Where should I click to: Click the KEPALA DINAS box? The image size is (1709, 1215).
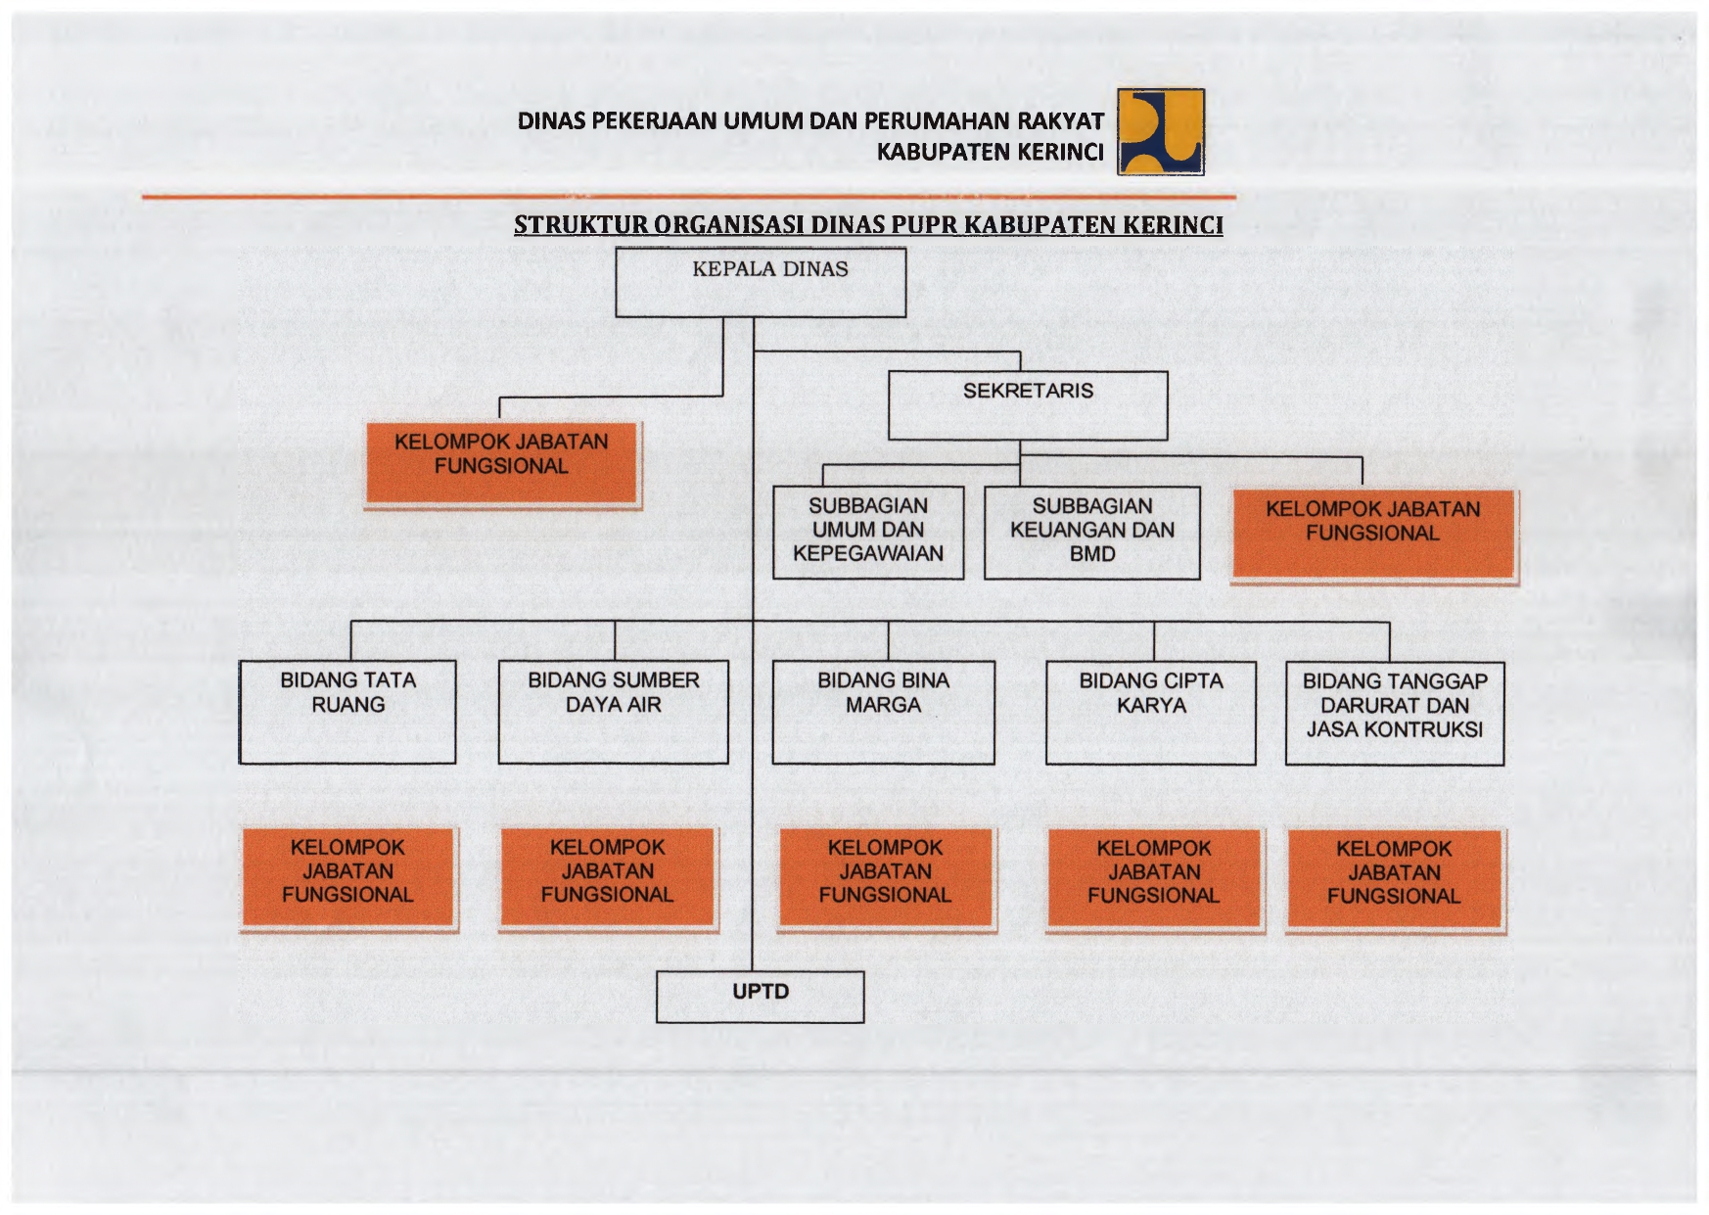click(x=761, y=283)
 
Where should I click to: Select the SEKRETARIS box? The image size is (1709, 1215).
click(x=1028, y=405)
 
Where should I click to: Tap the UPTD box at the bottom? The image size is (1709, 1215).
click(x=761, y=997)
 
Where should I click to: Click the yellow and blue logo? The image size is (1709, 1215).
click(x=1161, y=132)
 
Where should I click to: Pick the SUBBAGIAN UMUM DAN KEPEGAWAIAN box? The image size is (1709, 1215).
click(x=868, y=533)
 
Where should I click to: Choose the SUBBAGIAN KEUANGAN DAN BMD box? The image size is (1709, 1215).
click(x=1092, y=533)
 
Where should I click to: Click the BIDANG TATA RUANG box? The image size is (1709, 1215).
click(x=347, y=712)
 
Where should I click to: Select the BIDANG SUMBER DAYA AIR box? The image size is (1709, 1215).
click(x=614, y=712)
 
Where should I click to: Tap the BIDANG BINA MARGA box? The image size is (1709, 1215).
click(x=884, y=712)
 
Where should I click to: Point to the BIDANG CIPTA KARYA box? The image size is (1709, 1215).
click(x=1151, y=713)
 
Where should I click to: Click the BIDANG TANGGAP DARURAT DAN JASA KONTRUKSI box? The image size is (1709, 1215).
click(x=1395, y=714)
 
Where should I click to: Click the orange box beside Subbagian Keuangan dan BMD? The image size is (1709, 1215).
click(x=1373, y=536)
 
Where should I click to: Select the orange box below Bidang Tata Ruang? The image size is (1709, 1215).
click(x=348, y=878)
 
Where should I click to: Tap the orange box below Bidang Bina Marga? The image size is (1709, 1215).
click(x=886, y=878)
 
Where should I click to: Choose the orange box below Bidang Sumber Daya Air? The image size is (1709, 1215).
click(x=608, y=878)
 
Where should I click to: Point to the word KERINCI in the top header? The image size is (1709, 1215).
click(x=1060, y=152)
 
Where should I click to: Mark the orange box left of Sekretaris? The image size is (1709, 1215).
click(x=502, y=464)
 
